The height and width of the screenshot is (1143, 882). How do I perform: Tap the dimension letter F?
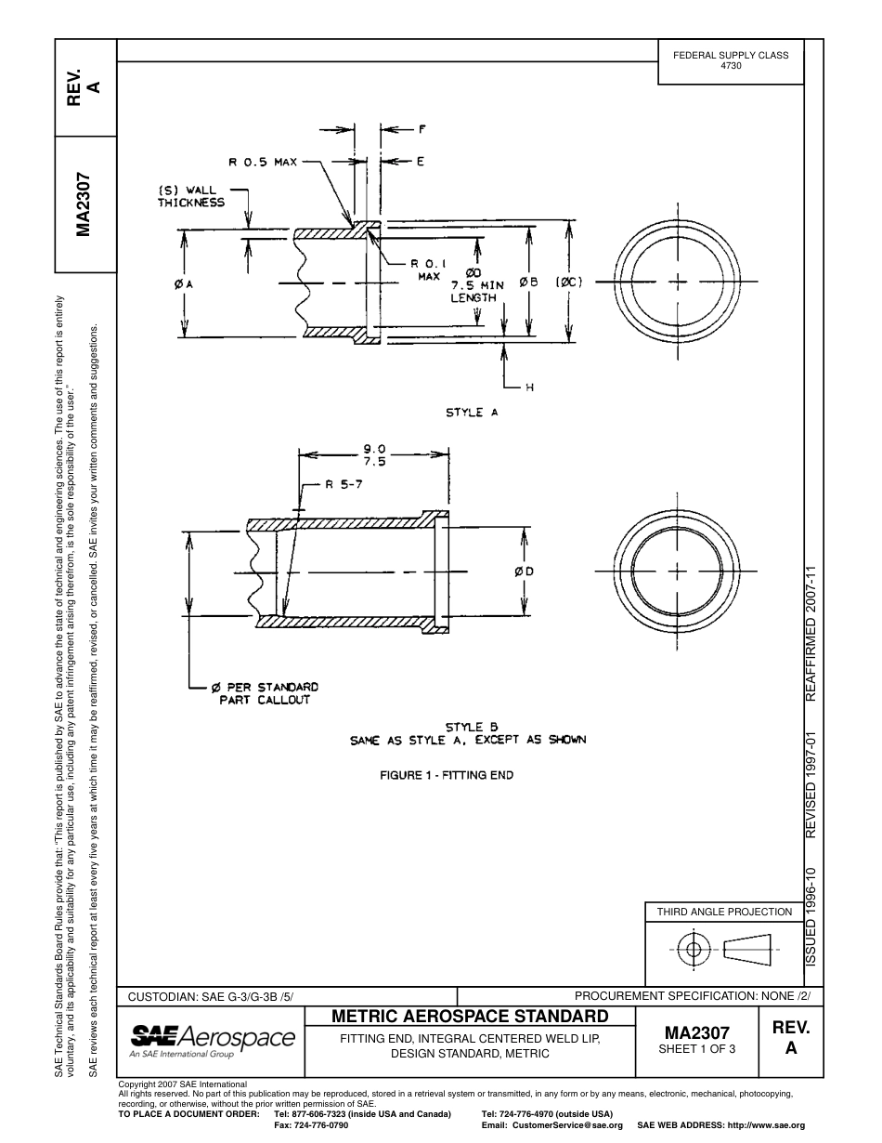pos(421,129)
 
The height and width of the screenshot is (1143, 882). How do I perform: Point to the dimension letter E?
pos(421,162)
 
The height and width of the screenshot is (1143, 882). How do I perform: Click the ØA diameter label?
pos(183,283)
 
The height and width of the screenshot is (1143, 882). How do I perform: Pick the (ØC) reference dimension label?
pos(568,282)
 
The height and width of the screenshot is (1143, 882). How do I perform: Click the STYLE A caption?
pos(472,413)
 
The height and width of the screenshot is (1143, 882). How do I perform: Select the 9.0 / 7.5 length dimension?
pos(374,454)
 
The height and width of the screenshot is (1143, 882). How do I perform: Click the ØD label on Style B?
pos(525,571)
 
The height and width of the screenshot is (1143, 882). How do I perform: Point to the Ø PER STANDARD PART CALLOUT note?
pos(265,693)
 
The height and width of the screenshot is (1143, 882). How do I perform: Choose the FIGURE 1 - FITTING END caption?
pos(447,775)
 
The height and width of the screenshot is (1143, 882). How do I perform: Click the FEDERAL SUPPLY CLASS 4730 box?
pos(731,61)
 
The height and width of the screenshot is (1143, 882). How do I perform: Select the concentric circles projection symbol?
pos(693,949)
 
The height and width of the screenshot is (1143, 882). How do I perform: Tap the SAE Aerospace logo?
pos(213,1041)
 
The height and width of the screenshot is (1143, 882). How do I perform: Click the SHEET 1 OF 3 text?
pos(696,1050)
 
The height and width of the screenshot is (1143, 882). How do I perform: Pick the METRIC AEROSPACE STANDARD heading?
pos(470,1016)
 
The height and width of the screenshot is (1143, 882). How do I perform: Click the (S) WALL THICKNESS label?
pos(191,196)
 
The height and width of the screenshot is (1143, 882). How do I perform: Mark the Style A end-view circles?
pos(679,281)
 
